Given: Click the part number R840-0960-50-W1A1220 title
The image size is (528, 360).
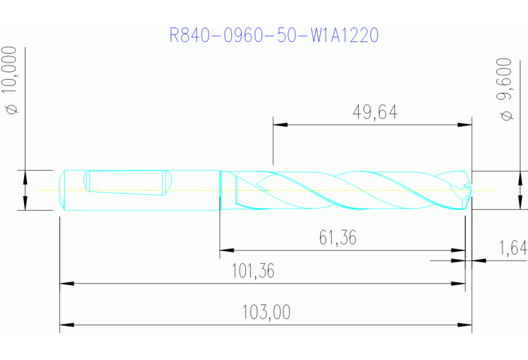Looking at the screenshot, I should tap(274, 35).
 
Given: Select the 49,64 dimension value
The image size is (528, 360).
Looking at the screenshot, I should tap(374, 112).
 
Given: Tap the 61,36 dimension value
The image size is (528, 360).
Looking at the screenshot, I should tap(337, 238).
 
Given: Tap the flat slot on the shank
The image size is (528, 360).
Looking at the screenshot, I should tap(125, 183).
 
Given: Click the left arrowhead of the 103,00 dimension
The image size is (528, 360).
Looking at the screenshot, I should tap(67, 324).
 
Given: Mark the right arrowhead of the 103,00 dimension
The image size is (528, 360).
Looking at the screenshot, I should tap(465, 324).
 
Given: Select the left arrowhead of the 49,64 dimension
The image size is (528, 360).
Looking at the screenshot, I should tap(280, 125).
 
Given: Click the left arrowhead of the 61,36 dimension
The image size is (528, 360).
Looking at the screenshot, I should tap(226, 251).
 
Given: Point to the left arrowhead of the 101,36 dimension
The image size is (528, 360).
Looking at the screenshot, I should tap(67, 283).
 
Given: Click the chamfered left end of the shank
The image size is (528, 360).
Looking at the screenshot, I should tap(63, 189).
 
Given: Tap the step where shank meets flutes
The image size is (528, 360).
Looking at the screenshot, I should tap(220, 189).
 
